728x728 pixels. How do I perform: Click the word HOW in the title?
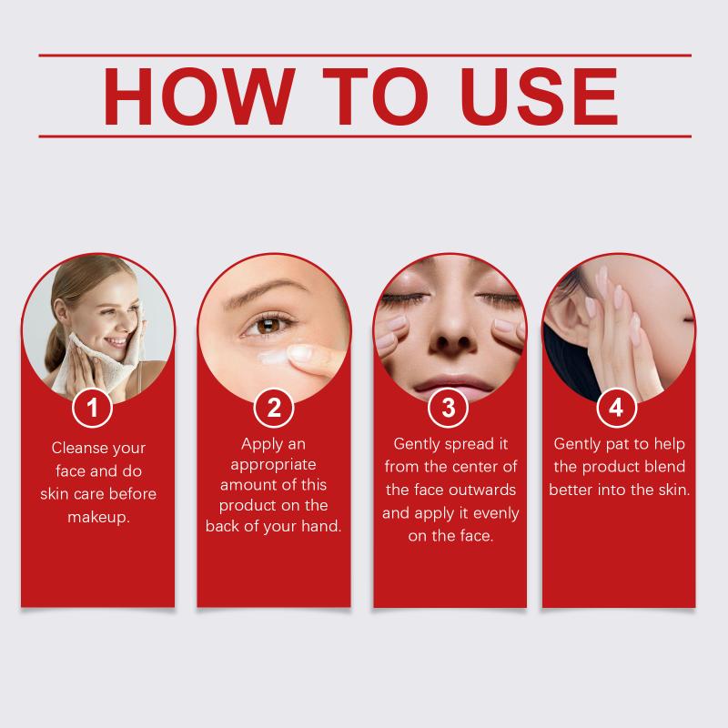pyautogui.click(x=199, y=96)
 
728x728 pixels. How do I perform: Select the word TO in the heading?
pyautogui.click(x=375, y=96)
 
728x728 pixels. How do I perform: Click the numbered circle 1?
pyautogui.click(x=93, y=408)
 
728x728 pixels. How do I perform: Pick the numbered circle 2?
pyautogui.click(x=274, y=408)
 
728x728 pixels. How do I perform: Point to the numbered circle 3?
pyautogui.click(x=448, y=408)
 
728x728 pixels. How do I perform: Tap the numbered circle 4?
pyautogui.click(x=617, y=408)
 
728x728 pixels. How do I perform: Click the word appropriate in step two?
pyautogui.click(x=274, y=465)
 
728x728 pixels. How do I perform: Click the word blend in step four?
pyautogui.click(x=666, y=467)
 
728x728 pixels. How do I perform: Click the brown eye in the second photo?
pyautogui.click(x=268, y=325)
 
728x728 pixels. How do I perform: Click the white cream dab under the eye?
pyautogui.click(x=271, y=358)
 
